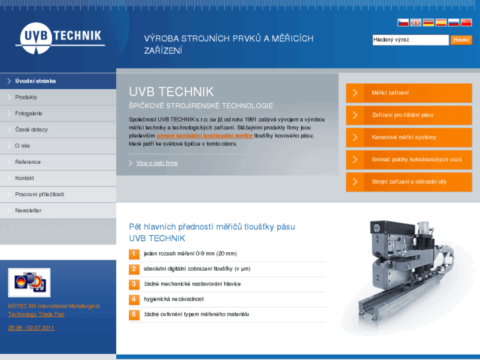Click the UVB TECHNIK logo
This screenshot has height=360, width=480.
pyautogui.click(x=60, y=38)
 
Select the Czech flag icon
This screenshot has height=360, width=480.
pyautogui.click(x=403, y=22)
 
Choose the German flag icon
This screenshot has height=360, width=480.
pyautogui.click(x=429, y=22)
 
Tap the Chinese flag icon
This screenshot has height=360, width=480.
pyautogui.click(x=466, y=22)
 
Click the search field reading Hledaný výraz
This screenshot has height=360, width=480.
pyautogui.click(x=411, y=40)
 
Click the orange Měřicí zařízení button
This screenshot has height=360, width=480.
pyautogui.click(x=409, y=93)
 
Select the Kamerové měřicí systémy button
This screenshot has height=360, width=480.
pyautogui.click(x=409, y=137)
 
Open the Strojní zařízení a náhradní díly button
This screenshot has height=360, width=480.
pyautogui.click(x=409, y=182)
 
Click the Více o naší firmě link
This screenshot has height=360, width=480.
pyautogui.click(x=157, y=163)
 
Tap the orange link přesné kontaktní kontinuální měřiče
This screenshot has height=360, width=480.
pyautogui.click(x=205, y=135)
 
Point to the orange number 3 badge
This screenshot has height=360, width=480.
pyautogui.click(x=134, y=284)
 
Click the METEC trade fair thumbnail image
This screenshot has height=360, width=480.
pyautogui.click(x=30, y=283)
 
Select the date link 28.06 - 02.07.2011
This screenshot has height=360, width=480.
pyautogui.click(x=31, y=328)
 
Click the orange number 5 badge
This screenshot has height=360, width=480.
pyautogui.click(x=134, y=314)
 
